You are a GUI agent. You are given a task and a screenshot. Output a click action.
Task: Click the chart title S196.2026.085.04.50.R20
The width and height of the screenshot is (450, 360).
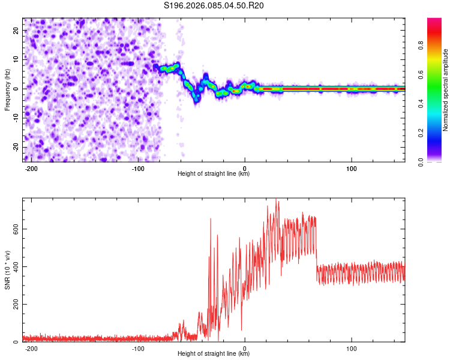pos(214,6)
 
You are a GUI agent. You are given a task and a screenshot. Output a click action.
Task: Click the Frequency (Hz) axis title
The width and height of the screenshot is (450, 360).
pos(7,89)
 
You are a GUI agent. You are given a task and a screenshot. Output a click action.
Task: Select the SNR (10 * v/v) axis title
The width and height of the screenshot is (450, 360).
pos(7,269)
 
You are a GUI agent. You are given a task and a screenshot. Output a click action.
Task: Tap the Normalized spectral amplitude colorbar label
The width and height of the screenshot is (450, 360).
pos(445,90)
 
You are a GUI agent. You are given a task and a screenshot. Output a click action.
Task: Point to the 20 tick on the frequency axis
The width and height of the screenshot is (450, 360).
pos(16,30)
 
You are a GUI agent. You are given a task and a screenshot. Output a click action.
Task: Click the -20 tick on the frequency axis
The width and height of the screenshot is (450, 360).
pos(15,147)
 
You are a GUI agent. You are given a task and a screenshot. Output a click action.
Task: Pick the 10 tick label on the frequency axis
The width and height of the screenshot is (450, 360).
pos(16,59)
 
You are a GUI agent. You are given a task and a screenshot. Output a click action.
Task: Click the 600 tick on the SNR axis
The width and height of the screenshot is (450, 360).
pos(13,229)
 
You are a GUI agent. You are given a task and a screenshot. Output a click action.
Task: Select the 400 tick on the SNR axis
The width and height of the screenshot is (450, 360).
pos(13,266)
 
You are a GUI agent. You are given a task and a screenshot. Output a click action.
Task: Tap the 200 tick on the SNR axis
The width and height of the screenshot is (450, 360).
pos(13,304)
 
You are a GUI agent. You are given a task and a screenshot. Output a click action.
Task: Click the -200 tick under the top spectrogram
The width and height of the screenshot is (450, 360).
pos(32,168)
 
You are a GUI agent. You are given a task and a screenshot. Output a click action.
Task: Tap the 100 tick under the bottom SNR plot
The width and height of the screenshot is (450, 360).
pos(352,348)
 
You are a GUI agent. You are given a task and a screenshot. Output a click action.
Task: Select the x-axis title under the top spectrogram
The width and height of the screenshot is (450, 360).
pos(214,174)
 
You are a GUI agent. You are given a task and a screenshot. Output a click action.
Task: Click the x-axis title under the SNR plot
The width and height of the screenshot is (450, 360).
pos(214,354)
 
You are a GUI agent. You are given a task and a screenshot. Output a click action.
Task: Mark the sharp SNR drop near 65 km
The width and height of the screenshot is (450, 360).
pos(316,246)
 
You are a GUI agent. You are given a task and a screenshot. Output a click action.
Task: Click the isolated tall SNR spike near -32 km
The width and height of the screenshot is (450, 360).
pos(211,220)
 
